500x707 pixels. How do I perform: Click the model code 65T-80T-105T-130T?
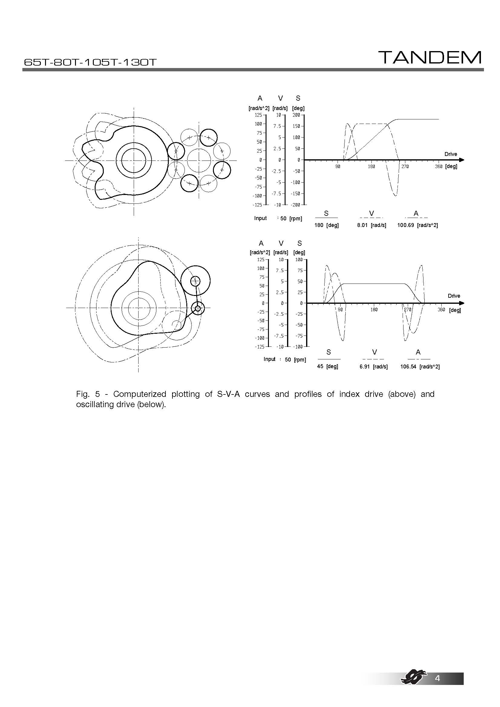[x=90, y=63]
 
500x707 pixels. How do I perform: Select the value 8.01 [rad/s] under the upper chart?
[x=371, y=225]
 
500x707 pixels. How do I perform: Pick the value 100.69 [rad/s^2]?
[x=417, y=225]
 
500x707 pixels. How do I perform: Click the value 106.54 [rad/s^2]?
[x=420, y=367]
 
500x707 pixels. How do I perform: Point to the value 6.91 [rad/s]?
[x=373, y=367]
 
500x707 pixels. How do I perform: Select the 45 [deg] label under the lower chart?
[x=328, y=366]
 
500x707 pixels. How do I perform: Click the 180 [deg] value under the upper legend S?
[x=326, y=225]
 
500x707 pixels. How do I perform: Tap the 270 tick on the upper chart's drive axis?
[x=405, y=167]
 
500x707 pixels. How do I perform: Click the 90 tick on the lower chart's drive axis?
[x=340, y=310]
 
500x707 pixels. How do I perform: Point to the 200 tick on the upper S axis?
[x=296, y=115]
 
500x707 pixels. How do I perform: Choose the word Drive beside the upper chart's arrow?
[x=450, y=154]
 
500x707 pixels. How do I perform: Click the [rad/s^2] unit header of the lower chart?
[x=260, y=252]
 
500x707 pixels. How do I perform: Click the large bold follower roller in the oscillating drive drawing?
[x=195, y=281]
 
